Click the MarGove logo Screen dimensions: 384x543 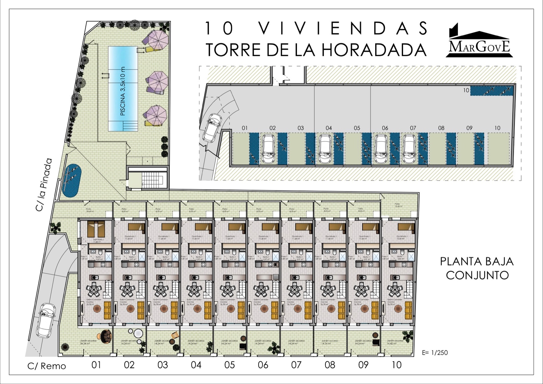coord(479,42)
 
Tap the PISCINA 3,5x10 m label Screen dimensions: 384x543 coord(123,91)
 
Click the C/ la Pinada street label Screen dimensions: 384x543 coord(44,185)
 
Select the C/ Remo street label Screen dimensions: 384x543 coord(47,366)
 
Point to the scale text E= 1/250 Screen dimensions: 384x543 coord(435,353)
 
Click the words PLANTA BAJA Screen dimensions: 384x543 coord(477,261)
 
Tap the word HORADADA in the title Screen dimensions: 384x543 coord(374,50)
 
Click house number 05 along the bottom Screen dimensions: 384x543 coord(229,365)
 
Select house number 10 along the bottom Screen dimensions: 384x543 coord(396,365)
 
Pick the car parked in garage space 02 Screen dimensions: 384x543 coord(268,148)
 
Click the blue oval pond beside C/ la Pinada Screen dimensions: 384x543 coord(72,180)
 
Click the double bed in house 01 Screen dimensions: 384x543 coord(96,228)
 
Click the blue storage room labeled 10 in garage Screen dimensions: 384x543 coord(492,91)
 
